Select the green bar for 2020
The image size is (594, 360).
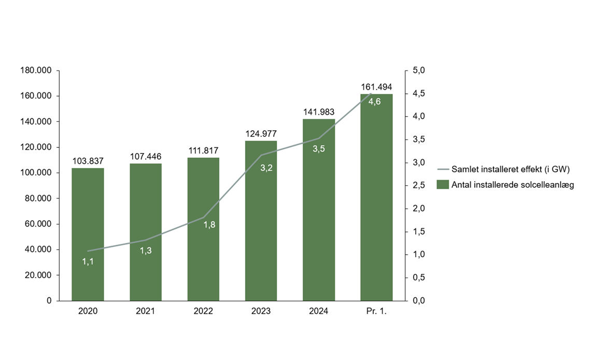pos(88,234)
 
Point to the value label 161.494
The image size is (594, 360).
pos(376,87)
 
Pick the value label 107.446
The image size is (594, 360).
pos(145,155)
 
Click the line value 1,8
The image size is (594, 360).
pos(209,225)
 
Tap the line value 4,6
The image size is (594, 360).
pos(374,102)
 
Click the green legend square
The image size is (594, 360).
pos(442,184)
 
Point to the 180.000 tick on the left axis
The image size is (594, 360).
pos(38,71)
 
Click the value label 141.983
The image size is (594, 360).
pos(318,112)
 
